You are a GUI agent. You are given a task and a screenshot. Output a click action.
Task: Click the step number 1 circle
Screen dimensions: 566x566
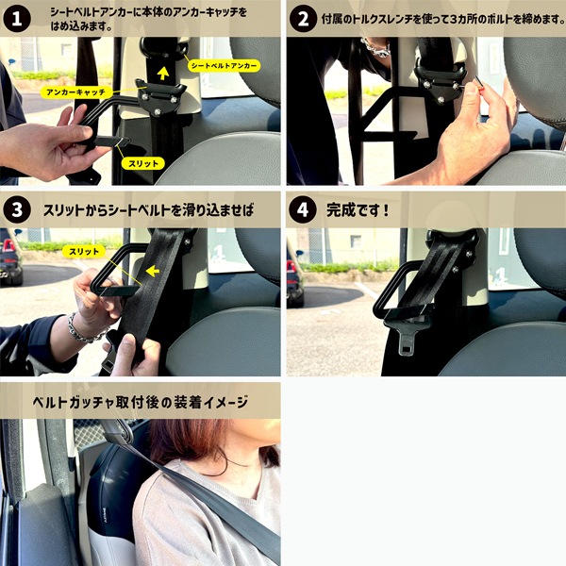click(17, 19)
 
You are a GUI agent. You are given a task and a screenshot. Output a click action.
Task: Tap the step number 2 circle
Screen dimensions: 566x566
click(303, 19)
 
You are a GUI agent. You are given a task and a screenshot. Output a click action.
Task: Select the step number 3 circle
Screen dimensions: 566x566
click(17, 209)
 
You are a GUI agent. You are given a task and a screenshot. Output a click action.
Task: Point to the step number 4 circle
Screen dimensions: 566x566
click(303, 209)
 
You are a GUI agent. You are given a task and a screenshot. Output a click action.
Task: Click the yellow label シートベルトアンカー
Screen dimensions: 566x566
click(224, 66)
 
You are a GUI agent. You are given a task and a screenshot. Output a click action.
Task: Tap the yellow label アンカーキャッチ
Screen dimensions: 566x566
click(75, 92)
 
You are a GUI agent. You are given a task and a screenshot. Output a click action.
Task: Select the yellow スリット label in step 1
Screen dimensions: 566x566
click(143, 163)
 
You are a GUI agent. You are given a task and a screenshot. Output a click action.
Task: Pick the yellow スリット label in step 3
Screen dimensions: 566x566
click(84, 252)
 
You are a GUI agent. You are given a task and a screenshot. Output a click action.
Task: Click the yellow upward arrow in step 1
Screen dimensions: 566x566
click(163, 74)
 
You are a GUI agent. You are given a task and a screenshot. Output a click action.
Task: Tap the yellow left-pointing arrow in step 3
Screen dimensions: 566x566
click(153, 271)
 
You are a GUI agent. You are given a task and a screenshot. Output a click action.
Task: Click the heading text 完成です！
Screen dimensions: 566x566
click(358, 210)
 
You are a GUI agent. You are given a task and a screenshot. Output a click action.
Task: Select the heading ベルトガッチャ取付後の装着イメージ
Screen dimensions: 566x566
click(140, 402)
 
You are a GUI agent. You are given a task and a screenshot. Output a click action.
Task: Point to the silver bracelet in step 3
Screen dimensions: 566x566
click(86, 331)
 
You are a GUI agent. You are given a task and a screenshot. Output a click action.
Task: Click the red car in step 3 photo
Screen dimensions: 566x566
click(9, 262)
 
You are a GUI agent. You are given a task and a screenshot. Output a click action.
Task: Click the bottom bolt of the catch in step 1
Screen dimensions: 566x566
click(158, 112)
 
